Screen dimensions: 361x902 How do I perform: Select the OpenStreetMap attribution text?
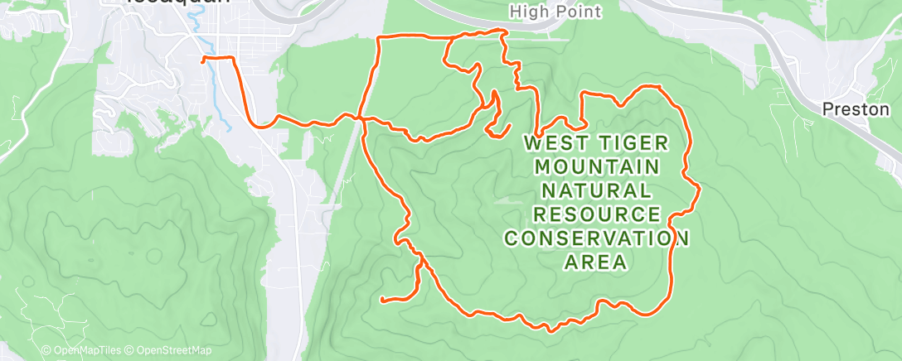(x=170, y=351)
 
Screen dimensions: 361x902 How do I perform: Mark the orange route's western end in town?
(x=204, y=59)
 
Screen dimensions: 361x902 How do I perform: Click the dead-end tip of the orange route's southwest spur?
(x=381, y=299)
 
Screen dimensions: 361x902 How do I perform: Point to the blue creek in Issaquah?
(x=218, y=91)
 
